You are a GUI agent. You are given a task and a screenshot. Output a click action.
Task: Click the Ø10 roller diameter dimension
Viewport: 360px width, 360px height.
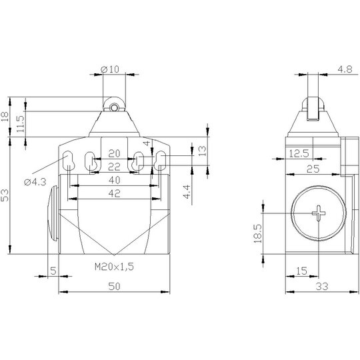click(x=110, y=69)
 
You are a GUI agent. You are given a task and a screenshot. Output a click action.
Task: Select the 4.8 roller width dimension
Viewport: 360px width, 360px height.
click(x=345, y=69)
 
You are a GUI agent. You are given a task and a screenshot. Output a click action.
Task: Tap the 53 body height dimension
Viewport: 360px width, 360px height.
click(x=5, y=195)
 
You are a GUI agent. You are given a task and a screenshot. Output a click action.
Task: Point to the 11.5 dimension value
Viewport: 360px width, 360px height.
click(x=21, y=124)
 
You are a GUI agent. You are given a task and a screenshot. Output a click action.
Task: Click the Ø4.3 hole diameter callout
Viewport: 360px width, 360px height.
click(x=35, y=182)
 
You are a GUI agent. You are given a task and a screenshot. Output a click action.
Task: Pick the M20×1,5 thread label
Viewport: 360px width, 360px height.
click(x=114, y=267)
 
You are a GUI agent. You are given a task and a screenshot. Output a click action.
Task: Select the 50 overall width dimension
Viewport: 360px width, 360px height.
click(x=114, y=286)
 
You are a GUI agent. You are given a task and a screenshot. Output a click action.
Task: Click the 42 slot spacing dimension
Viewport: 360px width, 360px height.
click(x=115, y=193)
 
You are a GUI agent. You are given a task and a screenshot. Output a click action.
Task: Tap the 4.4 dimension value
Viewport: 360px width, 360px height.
click(x=187, y=191)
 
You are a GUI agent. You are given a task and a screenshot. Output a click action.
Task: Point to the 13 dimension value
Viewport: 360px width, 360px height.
click(x=202, y=151)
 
